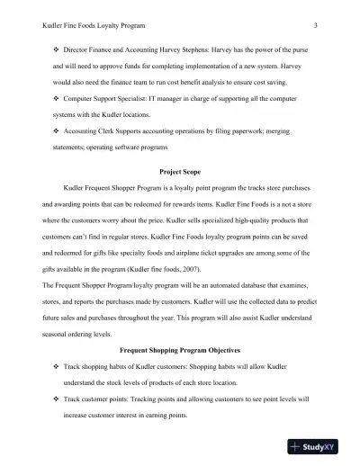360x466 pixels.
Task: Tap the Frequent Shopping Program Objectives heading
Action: click(180, 346)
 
